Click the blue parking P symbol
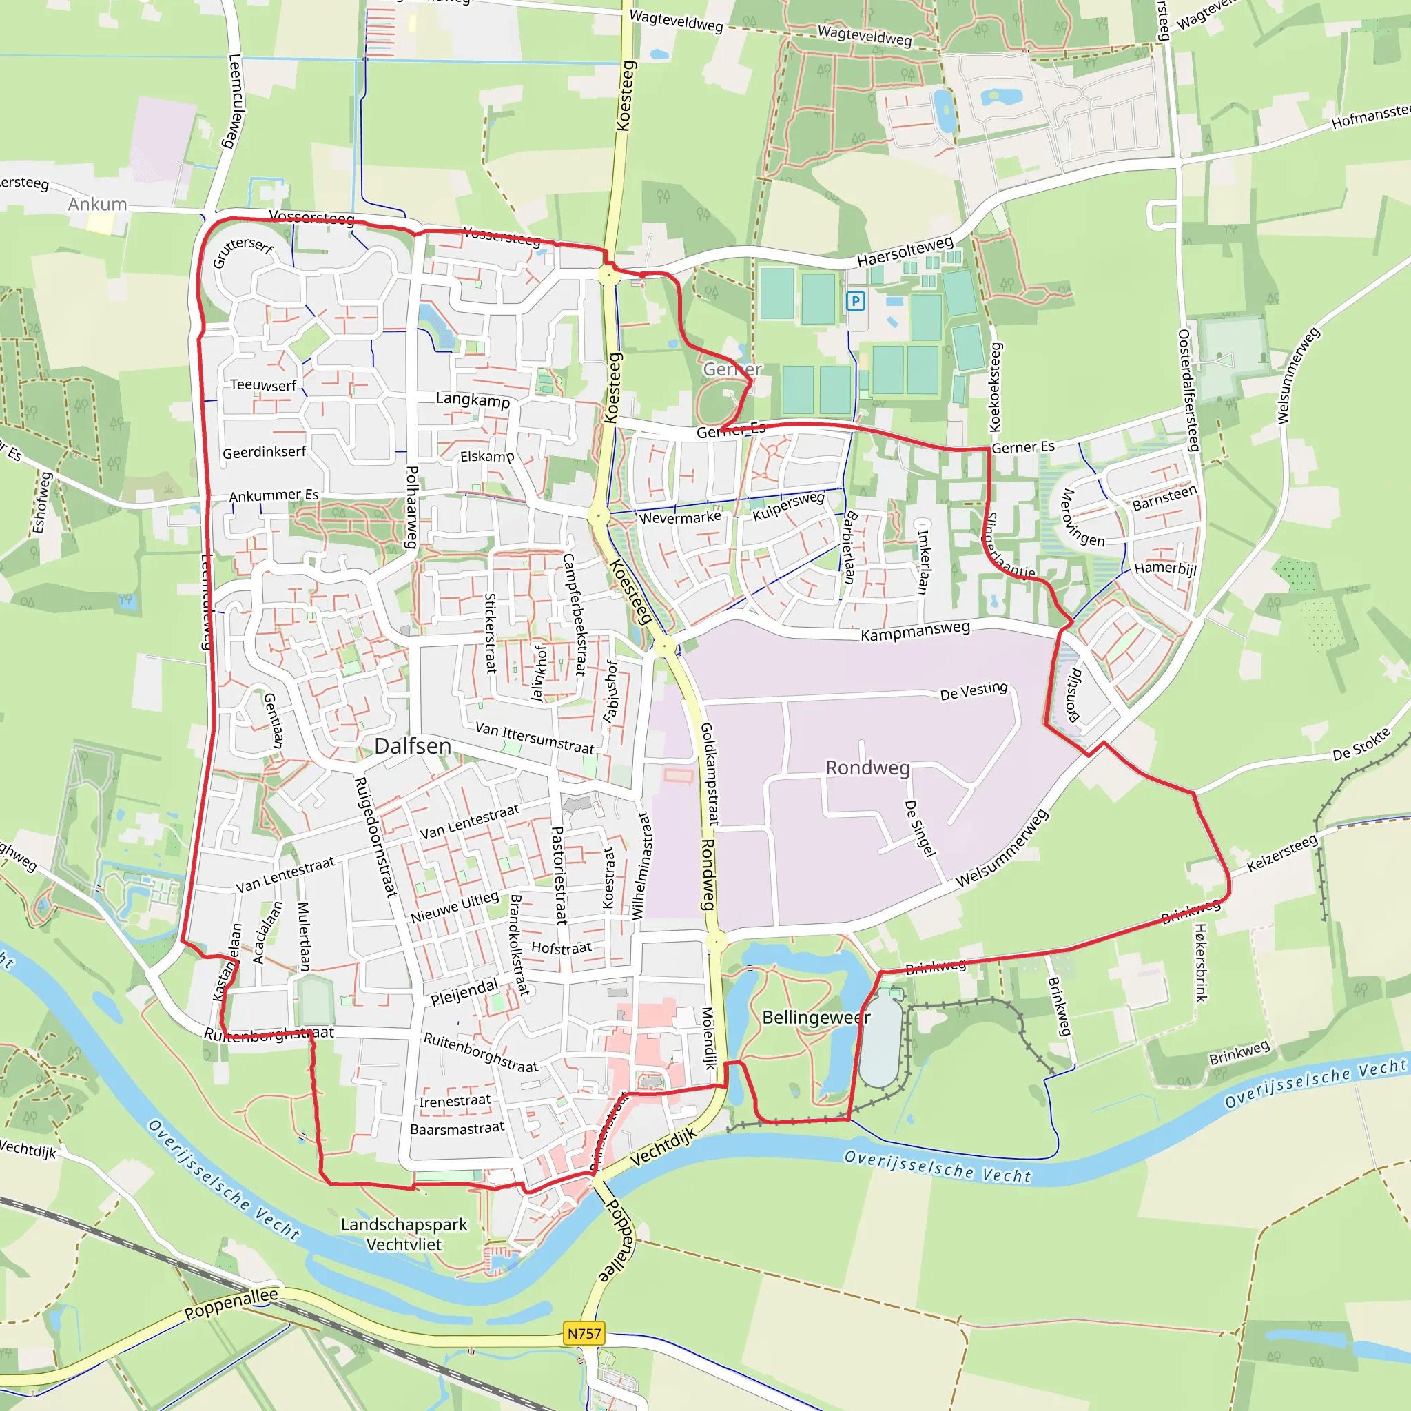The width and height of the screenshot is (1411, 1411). pyautogui.click(x=855, y=301)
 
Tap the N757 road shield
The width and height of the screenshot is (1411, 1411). pyautogui.click(x=584, y=1334)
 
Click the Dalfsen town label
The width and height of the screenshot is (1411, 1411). pyautogui.click(x=413, y=745)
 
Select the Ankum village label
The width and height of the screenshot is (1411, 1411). pyautogui.click(x=97, y=204)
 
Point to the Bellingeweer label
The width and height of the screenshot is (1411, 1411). pyautogui.click(x=816, y=1018)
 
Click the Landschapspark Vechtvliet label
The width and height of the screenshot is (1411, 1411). pyautogui.click(x=404, y=1234)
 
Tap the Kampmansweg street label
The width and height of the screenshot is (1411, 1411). pyautogui.click(x=915, y=631)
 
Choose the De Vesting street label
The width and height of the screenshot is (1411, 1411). pyautogui.click(x=974, y=691)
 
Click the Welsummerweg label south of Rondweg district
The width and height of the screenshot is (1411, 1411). pyautogui.click(x=1001, y=848)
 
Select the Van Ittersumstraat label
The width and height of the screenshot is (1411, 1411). pyautogui.click(x=535, y=738)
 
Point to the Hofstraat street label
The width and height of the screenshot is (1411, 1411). pyautogui.click(x=561, y=948)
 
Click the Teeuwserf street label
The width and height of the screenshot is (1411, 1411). pyautogui.click(x=263, y=385)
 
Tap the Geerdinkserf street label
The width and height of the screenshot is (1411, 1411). pyautogui.click(x=265, y=452)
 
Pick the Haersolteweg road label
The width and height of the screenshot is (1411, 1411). pyautogui.click(x=905, y=251)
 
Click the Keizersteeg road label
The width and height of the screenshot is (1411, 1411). pyautogui.click(x=1281, y=853)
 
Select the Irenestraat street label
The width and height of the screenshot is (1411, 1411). pyautogui.click(x=455, y=1100)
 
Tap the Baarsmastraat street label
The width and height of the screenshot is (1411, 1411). pyautogui.click(x=457, y=1129)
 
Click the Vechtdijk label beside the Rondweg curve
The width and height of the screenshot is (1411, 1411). pyautogui.click(x=662, y=1146)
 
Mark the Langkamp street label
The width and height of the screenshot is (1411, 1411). pyautogui.click(x=473, y=400)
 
